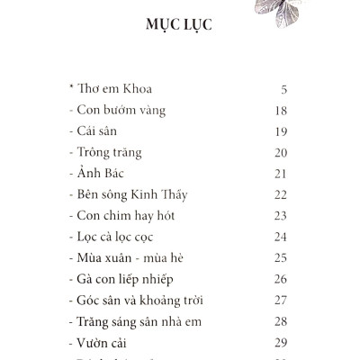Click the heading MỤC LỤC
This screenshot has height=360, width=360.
(178, 23)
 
